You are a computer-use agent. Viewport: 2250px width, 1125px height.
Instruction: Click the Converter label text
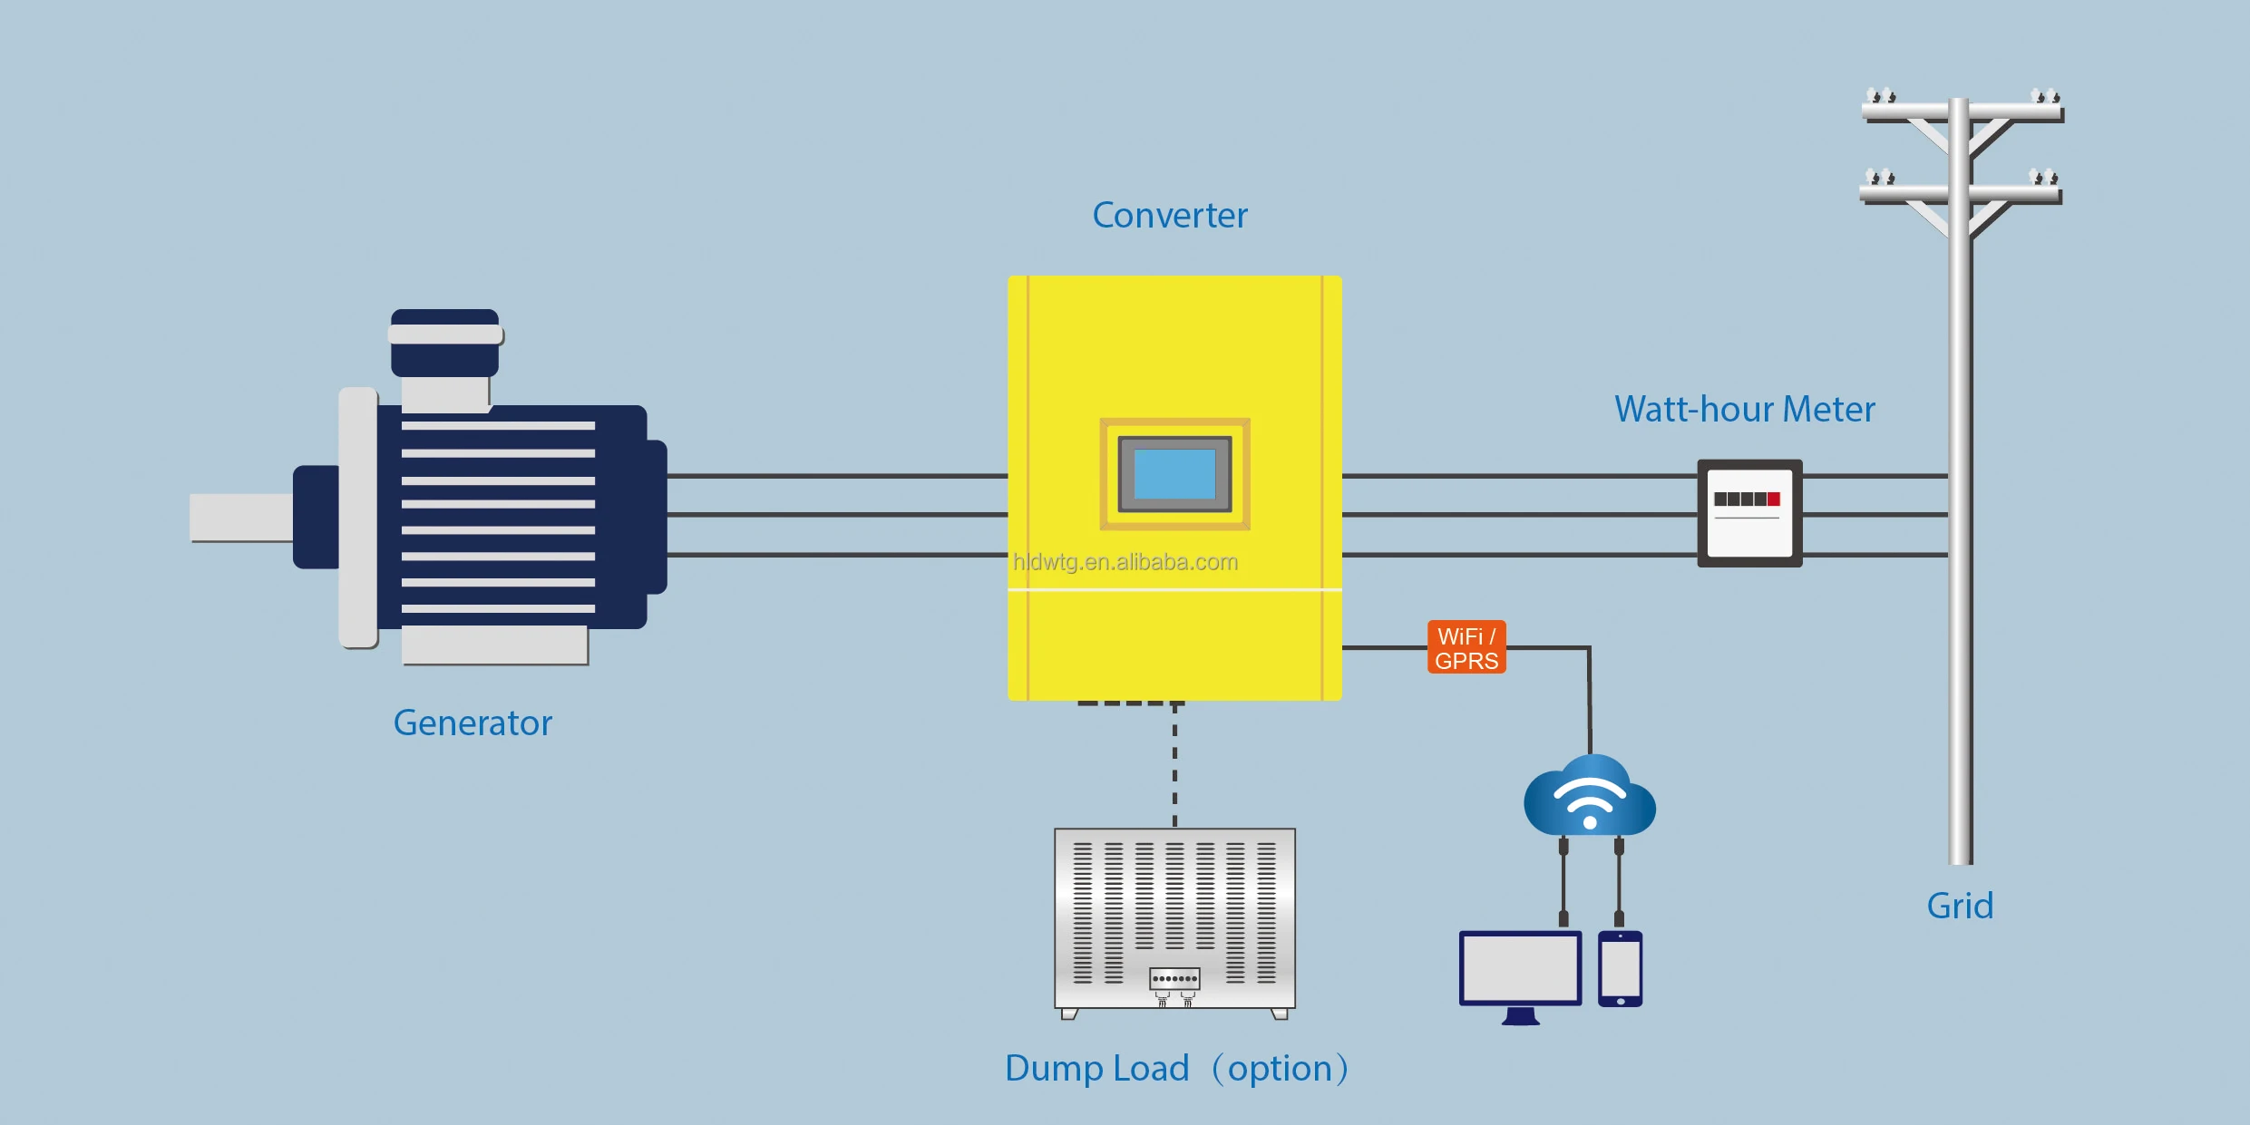pyautogui.click(x=1169, y=216)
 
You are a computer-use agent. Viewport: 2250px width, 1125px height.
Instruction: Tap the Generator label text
pyautogui.click(x=472, y=723)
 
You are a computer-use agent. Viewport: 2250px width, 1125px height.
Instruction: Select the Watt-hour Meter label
pyautogui.click(x=1744, y=410)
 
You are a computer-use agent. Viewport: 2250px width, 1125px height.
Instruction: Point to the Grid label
pyautogui.click(x=1960, y=907)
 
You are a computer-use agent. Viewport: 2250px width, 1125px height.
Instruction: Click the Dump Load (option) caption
pyautogui.click(x=1176, y=1069)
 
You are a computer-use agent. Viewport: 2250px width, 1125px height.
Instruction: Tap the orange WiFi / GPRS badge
pyautogui.click(x=1466, y=647)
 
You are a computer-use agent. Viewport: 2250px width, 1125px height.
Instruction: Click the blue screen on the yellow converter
pyautogui.click(x=1174, y=474)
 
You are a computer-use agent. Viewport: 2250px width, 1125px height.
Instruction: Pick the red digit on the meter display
pyautogui.click(x=1774, y=499)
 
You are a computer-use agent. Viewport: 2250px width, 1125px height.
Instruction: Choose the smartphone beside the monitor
pyautogui.click(x=1620, y=968)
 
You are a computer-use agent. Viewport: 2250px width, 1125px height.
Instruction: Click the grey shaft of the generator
pyautogui.click(x=240, y=517)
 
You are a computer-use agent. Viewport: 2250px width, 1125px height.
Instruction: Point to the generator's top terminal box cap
pyautogui.click(x=444, y=335)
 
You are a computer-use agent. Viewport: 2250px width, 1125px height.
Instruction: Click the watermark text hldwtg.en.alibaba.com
pyautogui.click(x=1125, y=563)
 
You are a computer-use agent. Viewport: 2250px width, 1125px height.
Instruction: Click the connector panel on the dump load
pyautogui.click(x=1174, y=979)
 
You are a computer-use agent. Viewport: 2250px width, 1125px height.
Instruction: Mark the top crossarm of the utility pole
pyautogui.click(x=1963, y=112)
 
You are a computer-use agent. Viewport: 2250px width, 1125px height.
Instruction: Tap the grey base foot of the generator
pyautogui.click(x=494, y=645)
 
